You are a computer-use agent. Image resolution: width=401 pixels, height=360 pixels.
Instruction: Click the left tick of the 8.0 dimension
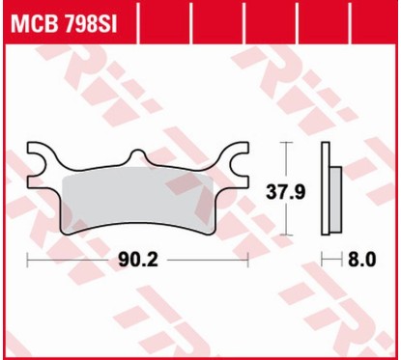[x=322, y=260]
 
